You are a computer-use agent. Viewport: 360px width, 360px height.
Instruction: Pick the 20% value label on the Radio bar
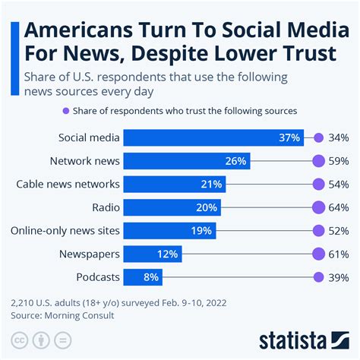[x=207, y=207]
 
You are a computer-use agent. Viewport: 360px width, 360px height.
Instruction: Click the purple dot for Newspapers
[x=319, y=254]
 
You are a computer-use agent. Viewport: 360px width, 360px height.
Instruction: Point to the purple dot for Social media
[x=319, y=138]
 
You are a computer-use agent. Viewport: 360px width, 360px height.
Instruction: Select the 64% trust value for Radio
[x=339, y=207]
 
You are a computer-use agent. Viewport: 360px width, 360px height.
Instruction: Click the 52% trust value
[x=339, y=231]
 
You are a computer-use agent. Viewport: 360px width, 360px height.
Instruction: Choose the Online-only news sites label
[x=64, y=231]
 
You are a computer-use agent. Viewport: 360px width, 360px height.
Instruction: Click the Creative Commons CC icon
[x=20, y=337]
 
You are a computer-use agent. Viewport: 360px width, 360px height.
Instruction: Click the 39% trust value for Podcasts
[x=339, y=277]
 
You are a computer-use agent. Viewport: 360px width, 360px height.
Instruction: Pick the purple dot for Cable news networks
[x=319, y=185]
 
